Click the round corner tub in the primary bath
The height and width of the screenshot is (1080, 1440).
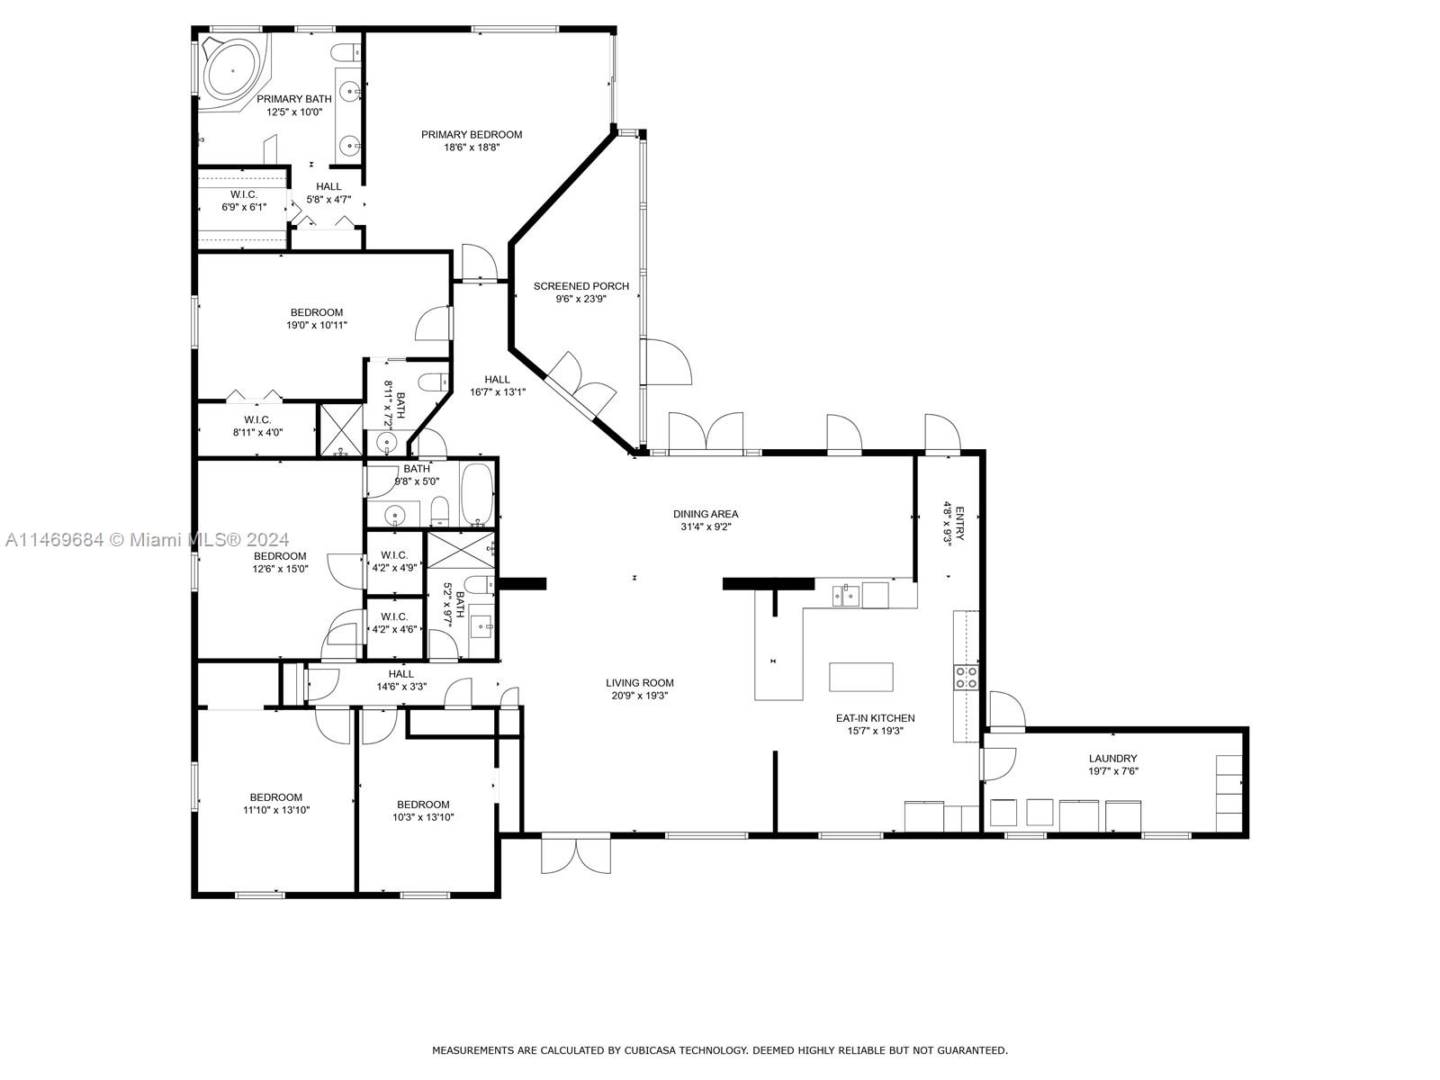click(233, 70)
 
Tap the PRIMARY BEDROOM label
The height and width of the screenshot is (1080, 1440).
click(471, 134)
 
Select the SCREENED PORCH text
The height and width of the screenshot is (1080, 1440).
click(580, 286)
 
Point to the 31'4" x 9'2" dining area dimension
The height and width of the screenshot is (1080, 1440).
click(706, 526)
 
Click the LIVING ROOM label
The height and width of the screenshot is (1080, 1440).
click(639, 682)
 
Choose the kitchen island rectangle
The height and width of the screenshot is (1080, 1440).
click(860, 677)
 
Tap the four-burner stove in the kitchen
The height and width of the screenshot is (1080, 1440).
click(965, 677)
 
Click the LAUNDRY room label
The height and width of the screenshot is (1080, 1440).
click(1112, 758)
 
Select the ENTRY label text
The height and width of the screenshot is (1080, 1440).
click(959, 523)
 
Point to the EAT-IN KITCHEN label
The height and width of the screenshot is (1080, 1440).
click(875, 718)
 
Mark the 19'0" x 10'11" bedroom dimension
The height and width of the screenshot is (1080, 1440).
click(316, 325)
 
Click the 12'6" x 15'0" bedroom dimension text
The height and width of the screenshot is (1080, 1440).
click(280, 569)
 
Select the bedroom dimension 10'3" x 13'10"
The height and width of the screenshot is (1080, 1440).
click(423, 817)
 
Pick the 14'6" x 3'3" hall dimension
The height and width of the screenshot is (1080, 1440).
click(400, 687)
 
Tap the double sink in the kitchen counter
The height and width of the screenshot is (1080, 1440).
click(846, 596)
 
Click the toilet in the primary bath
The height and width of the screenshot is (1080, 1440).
click(346, 52)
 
